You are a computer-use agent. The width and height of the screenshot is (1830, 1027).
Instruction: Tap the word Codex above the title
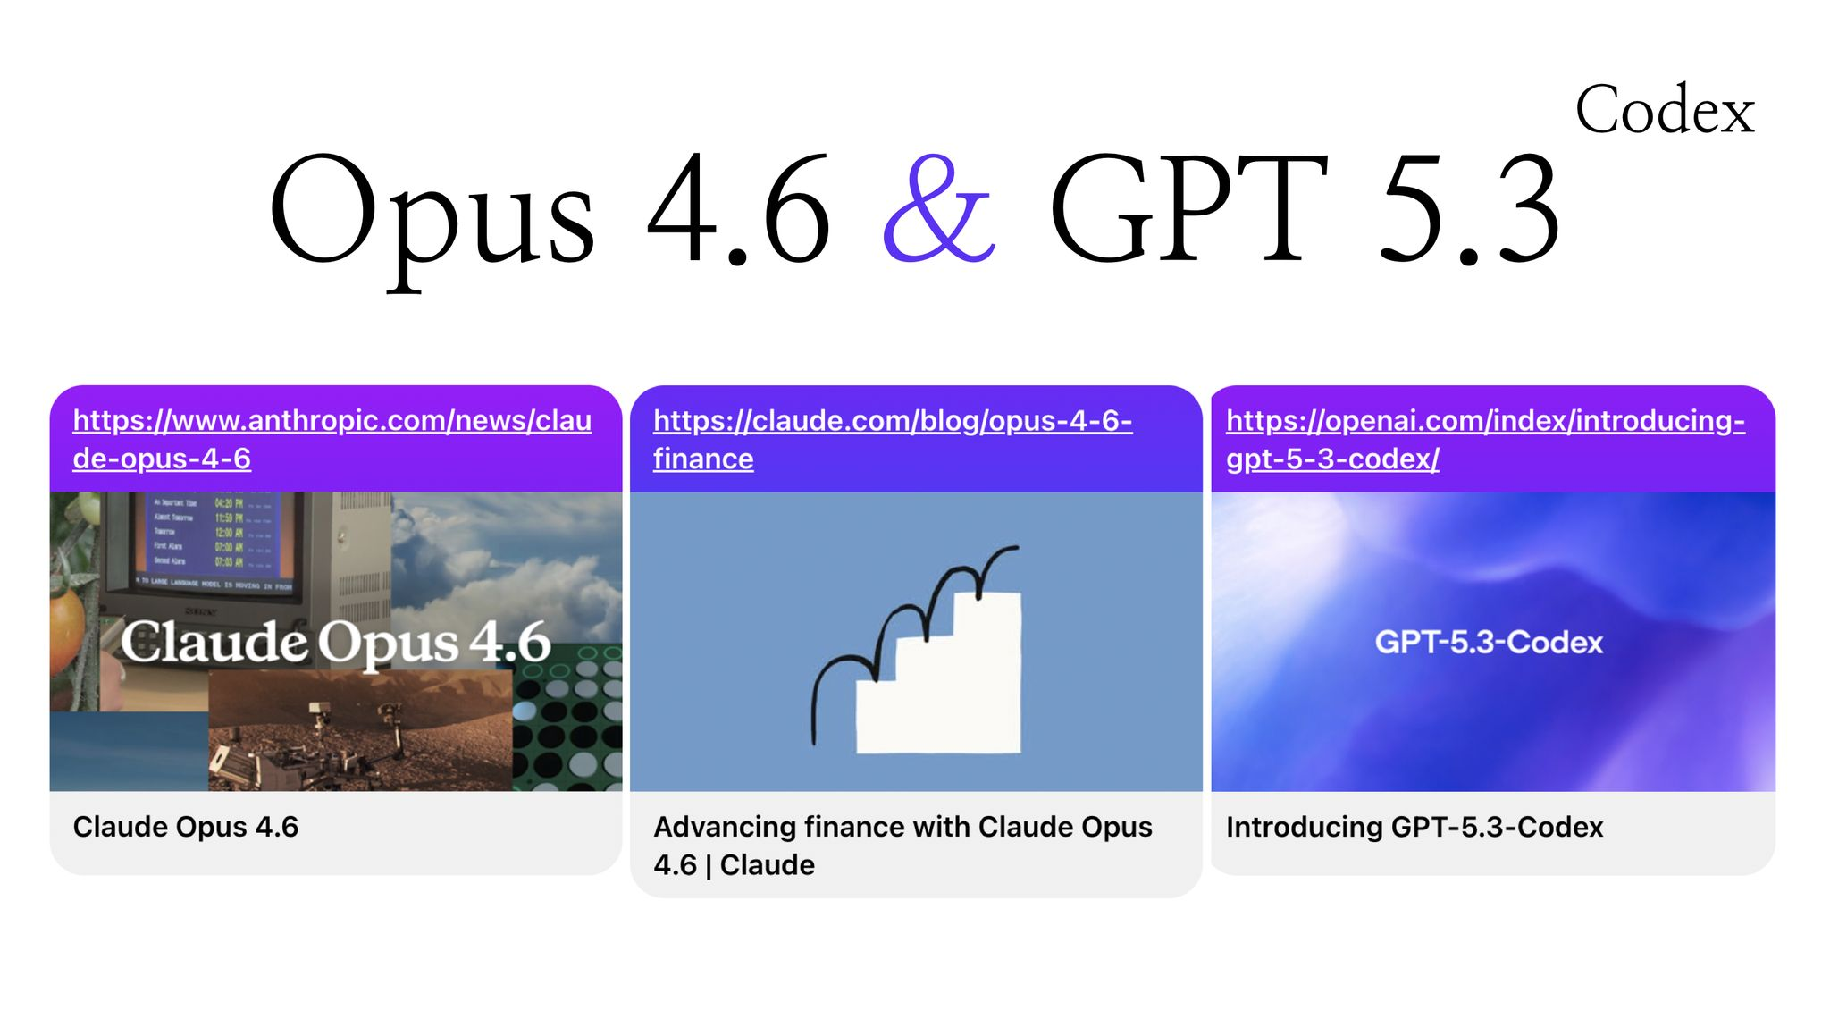1665,111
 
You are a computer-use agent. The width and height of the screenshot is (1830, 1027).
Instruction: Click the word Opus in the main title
432,215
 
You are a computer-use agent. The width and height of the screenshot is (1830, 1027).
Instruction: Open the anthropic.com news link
332,439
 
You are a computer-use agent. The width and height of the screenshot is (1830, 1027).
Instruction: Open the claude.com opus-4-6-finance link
892,439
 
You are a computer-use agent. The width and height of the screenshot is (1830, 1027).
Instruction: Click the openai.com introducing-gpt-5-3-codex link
1484,439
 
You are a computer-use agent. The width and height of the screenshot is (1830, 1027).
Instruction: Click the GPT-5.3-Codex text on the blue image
1489,642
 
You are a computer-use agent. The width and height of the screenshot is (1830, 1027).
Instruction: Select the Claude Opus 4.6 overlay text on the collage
335,642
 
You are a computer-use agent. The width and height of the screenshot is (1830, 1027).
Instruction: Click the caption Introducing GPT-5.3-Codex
1414,827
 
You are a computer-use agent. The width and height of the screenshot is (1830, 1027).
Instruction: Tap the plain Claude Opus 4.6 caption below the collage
185,827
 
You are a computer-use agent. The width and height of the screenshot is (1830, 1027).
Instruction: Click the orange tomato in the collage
67,626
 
